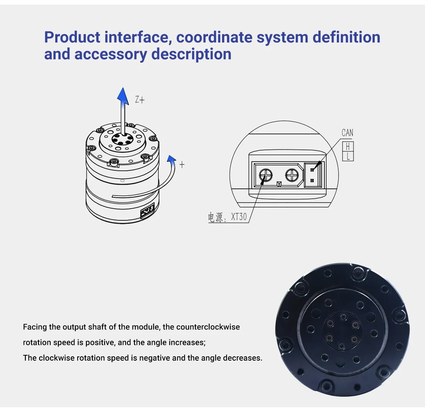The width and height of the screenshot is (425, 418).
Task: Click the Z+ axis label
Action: pos(140,100)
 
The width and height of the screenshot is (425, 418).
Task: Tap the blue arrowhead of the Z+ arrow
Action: pos(123,96)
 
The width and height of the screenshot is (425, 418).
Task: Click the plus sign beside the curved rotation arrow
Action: pos(182,164)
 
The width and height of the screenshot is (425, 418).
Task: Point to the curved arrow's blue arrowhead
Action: pos(171,159)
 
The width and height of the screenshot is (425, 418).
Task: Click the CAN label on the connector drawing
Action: pos(347,132)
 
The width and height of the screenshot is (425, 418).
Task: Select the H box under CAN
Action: pos(348,146)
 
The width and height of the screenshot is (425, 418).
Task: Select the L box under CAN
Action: pos(348,156)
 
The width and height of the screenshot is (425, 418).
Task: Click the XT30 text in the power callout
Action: pos(239,217)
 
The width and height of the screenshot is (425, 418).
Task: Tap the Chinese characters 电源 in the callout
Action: pos(215,217)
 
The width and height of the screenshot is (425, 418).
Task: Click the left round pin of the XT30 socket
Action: pos(266,175)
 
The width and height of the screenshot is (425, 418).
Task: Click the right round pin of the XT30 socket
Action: pos(292,175)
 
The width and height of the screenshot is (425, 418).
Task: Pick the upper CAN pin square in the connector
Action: pos(312,170)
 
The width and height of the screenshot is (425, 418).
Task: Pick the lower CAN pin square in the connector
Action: pos(312,181)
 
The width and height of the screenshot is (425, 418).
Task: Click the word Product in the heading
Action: pos(72,37)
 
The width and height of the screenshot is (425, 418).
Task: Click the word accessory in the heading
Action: pos(111,54)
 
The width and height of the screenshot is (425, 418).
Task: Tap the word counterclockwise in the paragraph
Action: pos(208,327)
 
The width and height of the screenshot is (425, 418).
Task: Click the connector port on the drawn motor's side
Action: pos(147,212)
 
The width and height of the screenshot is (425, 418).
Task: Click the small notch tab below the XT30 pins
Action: pos(279,184)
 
